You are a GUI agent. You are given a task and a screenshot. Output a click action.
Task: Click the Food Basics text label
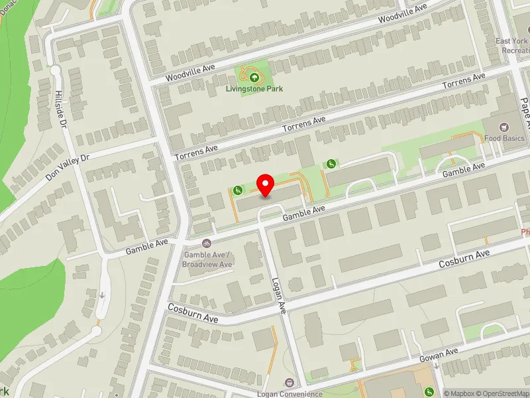(x=504, y=139)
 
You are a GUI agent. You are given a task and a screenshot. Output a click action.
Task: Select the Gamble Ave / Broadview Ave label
(x=208, y=259)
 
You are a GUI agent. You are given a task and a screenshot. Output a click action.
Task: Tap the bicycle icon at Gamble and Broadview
(x=207, y=243)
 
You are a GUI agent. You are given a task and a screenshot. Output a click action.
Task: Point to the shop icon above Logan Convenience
(x=290, y=383)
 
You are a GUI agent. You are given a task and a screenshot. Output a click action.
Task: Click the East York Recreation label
(x=513, y=45)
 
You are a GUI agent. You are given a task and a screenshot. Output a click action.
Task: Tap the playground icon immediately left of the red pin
(x=237, y=190)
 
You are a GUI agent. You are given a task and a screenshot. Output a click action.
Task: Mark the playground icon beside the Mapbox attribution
(x=429, y=391)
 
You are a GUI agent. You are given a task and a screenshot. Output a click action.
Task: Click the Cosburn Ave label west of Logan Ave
(x=193, y=314)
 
